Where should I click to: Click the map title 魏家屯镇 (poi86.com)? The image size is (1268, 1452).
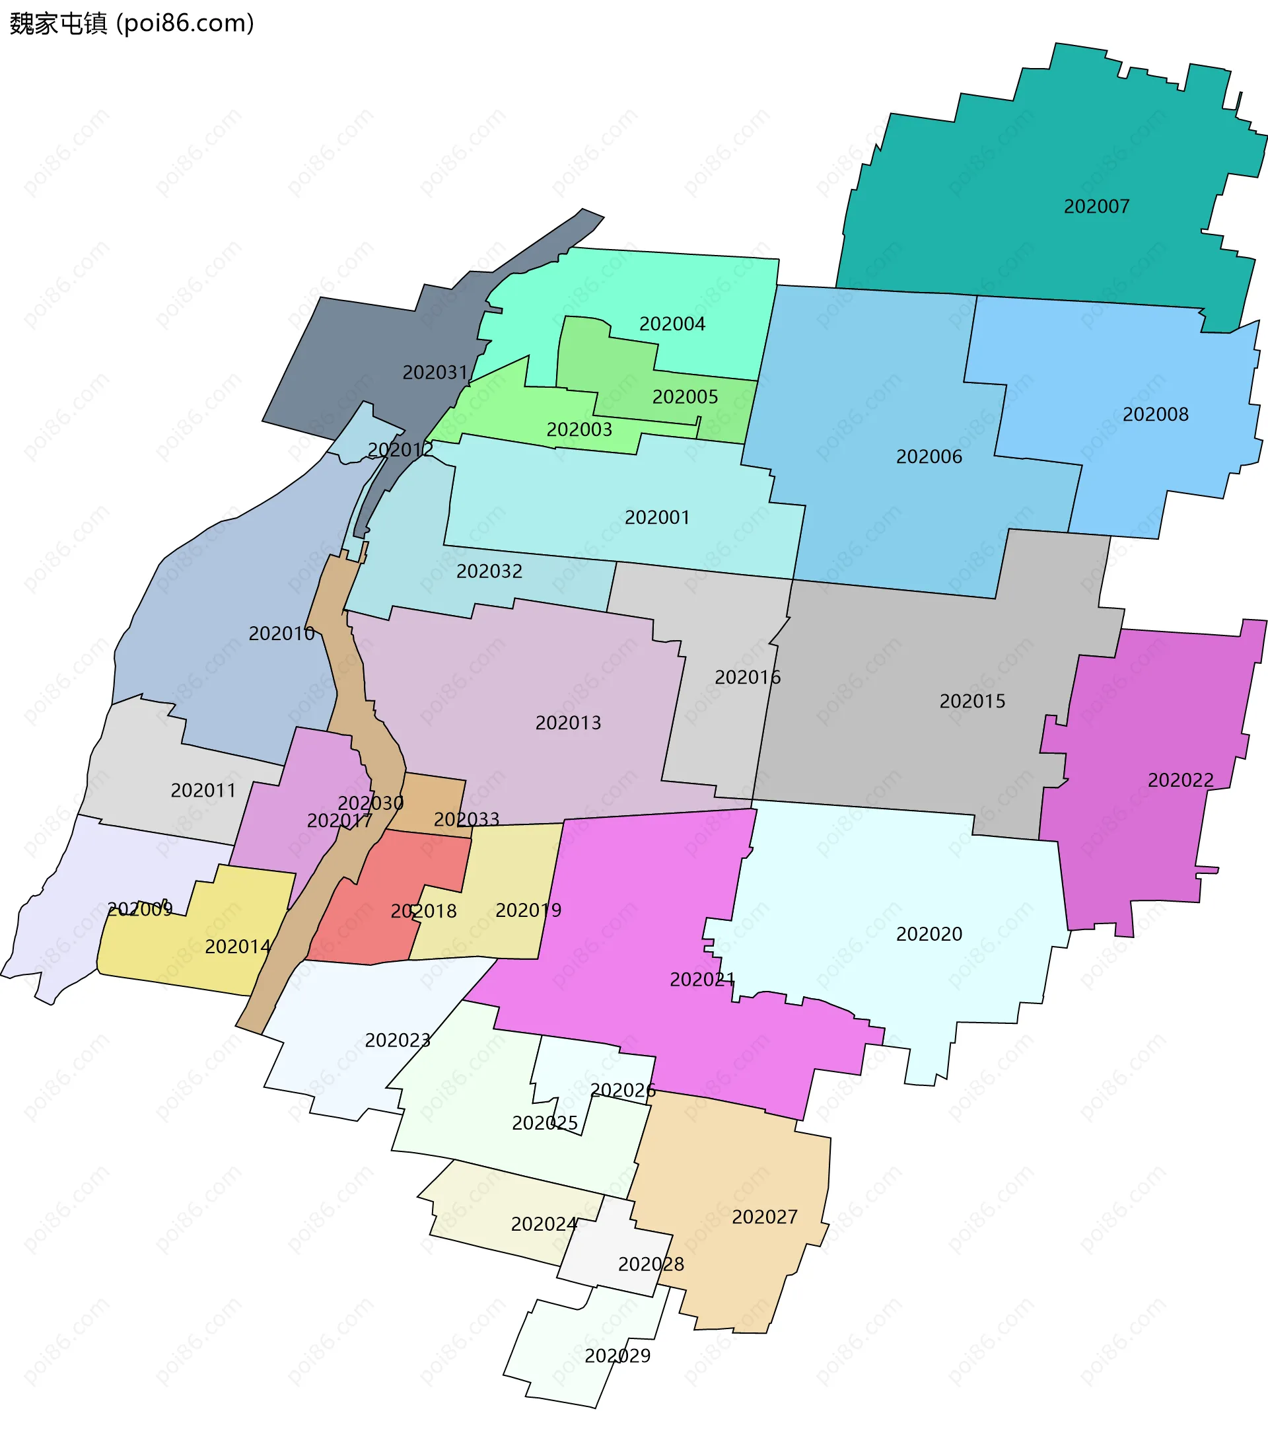131,23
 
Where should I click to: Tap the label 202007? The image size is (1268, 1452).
1096,207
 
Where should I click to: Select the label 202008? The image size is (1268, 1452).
1155,415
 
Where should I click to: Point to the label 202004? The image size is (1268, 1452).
672,324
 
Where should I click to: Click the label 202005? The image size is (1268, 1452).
684,397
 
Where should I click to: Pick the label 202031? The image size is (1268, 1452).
435,372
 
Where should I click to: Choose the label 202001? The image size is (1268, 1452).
656,517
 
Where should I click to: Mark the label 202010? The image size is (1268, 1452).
281,634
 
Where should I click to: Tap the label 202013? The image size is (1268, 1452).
567,723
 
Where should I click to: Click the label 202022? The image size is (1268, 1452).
1180,780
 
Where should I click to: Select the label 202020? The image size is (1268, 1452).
929,934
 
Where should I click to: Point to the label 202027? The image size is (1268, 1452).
764,1217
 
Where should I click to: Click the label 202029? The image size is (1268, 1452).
617,1356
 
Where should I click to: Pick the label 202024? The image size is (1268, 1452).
544,1224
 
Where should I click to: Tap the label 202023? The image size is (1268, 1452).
397,1040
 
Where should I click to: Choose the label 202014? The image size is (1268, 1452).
237,947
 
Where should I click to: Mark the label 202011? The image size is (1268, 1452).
203,790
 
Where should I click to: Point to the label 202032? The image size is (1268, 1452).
489,571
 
